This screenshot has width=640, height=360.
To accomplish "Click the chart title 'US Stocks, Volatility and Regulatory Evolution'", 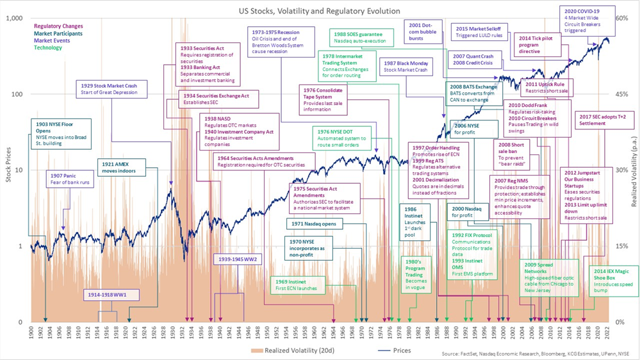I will tap(319, 11).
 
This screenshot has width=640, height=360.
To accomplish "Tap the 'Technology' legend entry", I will tap(48, 47).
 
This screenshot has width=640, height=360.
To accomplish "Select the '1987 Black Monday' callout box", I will tap(406, 67).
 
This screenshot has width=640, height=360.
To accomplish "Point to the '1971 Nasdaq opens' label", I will tap(315, 224).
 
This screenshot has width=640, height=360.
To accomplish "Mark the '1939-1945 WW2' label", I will tap(237, 259).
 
